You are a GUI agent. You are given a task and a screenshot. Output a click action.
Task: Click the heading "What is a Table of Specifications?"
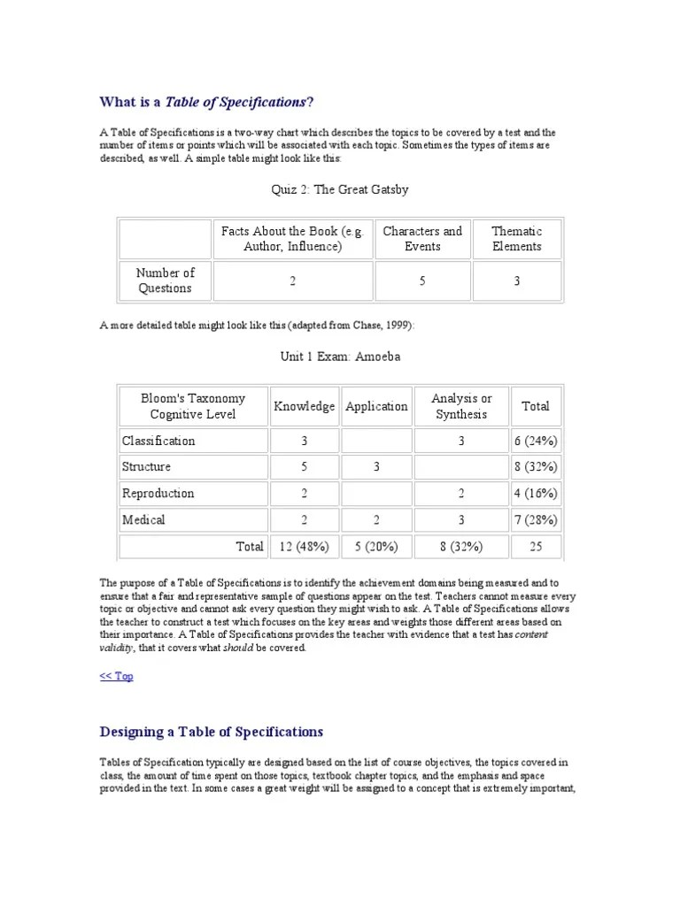206,102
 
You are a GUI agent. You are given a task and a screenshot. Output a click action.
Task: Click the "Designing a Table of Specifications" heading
212,732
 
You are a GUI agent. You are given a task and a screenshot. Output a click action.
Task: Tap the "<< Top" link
117,676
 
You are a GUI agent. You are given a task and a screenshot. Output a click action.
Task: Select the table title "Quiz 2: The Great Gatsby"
339,189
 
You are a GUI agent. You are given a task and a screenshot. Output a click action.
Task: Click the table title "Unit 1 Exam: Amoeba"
339,356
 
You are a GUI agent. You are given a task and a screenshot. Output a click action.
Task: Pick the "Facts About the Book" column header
292,239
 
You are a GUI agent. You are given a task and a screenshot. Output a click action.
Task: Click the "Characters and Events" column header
422,239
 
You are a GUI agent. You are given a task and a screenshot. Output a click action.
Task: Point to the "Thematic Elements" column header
517,239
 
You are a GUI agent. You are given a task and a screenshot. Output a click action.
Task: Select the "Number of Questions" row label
165,280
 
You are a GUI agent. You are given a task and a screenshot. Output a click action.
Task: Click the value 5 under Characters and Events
422,280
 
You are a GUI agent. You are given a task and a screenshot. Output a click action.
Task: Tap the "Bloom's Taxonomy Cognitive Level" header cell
192,406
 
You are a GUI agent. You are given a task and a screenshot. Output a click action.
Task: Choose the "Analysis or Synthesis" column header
460,406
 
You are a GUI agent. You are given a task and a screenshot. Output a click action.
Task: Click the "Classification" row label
159,441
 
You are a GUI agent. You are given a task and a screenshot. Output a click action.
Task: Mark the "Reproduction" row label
158,493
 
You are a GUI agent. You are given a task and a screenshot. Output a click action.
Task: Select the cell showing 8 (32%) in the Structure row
536,466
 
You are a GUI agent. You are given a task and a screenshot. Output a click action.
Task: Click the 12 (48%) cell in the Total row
304,546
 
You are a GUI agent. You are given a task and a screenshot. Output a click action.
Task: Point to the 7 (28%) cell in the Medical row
536,519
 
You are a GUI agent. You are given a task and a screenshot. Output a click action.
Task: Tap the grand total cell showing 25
536,546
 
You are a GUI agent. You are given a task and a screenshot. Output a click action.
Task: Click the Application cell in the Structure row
376,466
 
